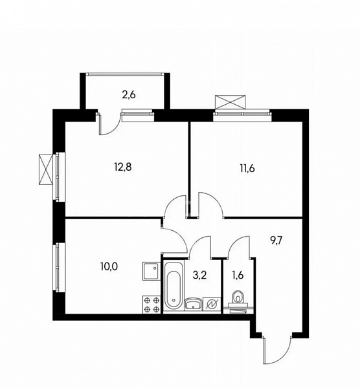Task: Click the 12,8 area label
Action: coord(123,167)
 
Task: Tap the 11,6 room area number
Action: coord(247,168)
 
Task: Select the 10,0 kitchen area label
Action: coord(109,266)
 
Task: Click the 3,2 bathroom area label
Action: coord(199,275)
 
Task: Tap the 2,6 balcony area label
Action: coord(129,95)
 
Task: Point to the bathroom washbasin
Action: coord(194,304)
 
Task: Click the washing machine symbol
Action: coord(212,304)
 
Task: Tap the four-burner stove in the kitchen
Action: coord(152,305)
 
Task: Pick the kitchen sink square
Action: coord(152,271)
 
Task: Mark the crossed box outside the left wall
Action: coord(45,169)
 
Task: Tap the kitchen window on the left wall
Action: coord(59,267)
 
